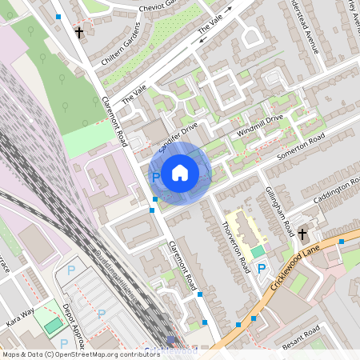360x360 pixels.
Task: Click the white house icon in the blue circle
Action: pos(180,171)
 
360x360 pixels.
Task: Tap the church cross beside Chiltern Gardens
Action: pos(79,34)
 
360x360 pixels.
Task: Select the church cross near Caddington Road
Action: pos(302,234)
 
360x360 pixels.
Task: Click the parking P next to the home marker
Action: pos(156,177)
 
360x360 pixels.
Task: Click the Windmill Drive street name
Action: pos(260,124)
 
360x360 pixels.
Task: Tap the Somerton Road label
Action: pos(302,145)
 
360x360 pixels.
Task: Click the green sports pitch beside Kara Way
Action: pos(53,326)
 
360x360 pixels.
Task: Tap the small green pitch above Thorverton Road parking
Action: pos(257,253)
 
